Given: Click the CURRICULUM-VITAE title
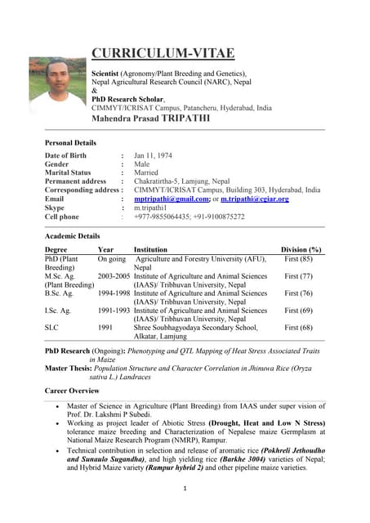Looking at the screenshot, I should pos(163,54).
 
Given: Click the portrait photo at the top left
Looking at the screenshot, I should pos(56,85).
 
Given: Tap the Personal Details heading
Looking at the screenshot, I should pos(70,143).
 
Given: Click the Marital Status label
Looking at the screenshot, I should pos(68,172).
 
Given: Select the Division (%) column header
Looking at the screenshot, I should pos(301,249).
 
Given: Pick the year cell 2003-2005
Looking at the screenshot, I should pos(114,276).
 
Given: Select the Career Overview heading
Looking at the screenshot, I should pos(74,391).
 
